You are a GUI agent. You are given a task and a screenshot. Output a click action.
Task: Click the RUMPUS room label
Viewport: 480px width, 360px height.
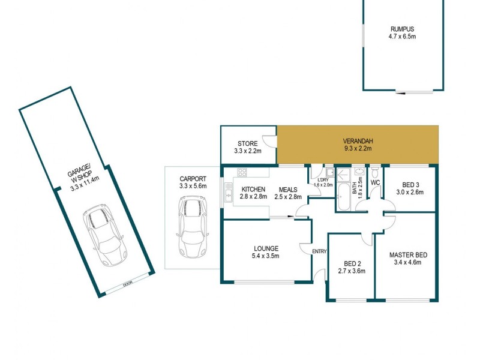point(402,28)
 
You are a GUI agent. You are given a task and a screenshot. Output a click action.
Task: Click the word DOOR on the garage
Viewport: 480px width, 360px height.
point(127,285)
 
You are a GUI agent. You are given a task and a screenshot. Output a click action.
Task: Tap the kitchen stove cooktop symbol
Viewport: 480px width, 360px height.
point(243,172)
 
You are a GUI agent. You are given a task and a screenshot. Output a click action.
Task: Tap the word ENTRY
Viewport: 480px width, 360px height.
point(319,251)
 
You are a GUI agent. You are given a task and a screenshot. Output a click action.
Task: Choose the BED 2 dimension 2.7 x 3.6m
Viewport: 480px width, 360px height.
point(350,271)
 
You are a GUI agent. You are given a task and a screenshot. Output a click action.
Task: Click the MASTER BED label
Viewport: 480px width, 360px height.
point(407,254)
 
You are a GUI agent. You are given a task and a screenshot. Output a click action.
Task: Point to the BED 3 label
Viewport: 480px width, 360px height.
point(410,184)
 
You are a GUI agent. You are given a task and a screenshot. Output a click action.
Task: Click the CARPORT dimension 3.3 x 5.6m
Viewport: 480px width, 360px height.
point(193,187)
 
